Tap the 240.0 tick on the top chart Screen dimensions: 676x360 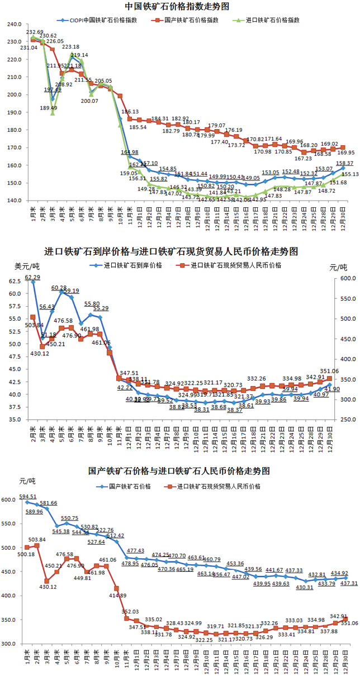(13, 25)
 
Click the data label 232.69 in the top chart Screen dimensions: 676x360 (35, 32)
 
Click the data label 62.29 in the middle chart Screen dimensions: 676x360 (33, 277)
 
